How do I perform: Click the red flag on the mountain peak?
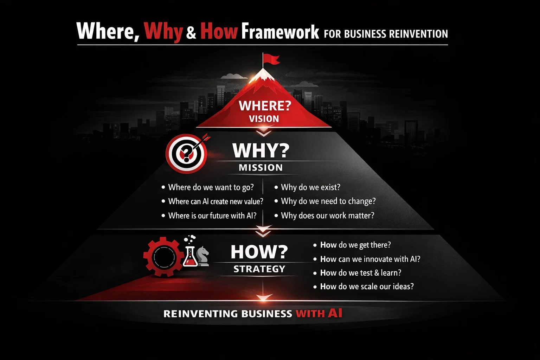271,59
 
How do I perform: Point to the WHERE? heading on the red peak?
265,105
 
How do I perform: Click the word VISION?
264,119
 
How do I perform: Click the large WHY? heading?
261,150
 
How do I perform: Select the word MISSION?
261,168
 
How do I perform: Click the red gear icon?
163,257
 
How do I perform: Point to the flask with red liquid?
190,257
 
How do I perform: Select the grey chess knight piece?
203,256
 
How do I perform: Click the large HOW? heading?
259,252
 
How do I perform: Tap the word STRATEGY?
259,269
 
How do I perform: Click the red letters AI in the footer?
335,313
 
